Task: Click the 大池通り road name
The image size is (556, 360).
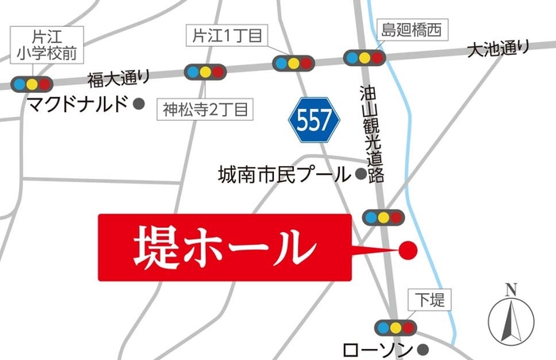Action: click(x=497, y=50)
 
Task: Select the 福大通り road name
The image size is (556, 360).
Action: click(x=119, y=78)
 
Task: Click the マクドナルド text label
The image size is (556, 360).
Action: click(x=77, y=103)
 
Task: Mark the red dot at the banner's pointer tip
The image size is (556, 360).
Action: click(x=407, y=251)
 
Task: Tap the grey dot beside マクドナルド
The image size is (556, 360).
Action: click(x=140, y=103)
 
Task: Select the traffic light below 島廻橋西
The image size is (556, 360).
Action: click(x=364, y=57)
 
